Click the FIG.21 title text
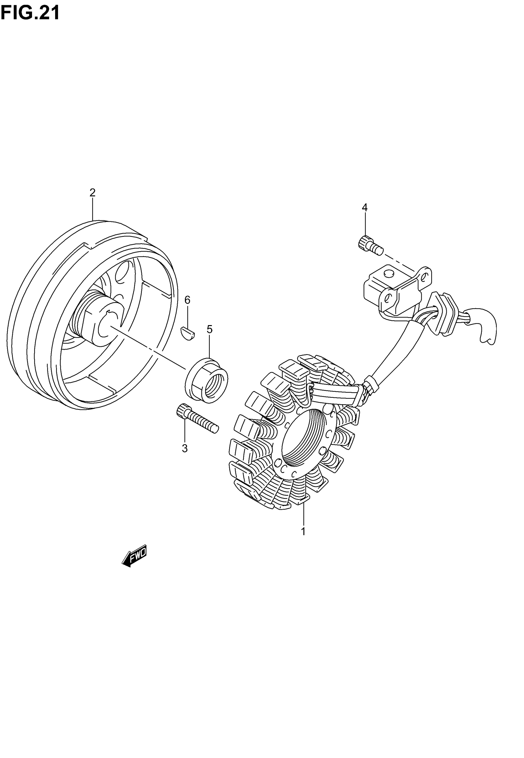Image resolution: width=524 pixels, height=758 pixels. point(30,13)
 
